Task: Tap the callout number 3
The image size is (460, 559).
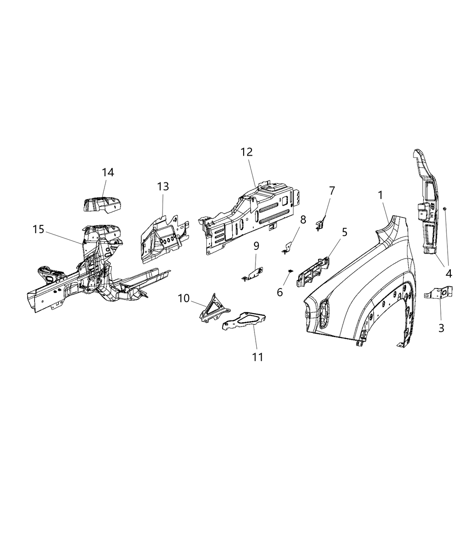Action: coord(441,328)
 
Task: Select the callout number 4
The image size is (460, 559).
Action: coord(449,274)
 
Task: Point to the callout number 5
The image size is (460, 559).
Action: coord(345,232)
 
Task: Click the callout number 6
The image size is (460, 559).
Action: coord(280,292)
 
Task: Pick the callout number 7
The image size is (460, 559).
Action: coord(332,191)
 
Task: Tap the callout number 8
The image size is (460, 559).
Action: coord(303,219)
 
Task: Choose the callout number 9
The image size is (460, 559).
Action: coord(256,246)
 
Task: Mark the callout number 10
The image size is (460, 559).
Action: coord(184,299)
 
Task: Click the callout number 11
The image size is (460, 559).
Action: coord(258,357)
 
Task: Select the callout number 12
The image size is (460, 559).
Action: coord(247,152)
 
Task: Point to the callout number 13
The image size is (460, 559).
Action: coord(163,187)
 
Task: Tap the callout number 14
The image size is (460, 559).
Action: coord(108,172)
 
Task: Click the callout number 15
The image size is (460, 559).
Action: coord(39,229)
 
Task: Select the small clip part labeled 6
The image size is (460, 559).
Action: coord(290,272)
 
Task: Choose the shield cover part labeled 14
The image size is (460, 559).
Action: coord(102,205)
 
